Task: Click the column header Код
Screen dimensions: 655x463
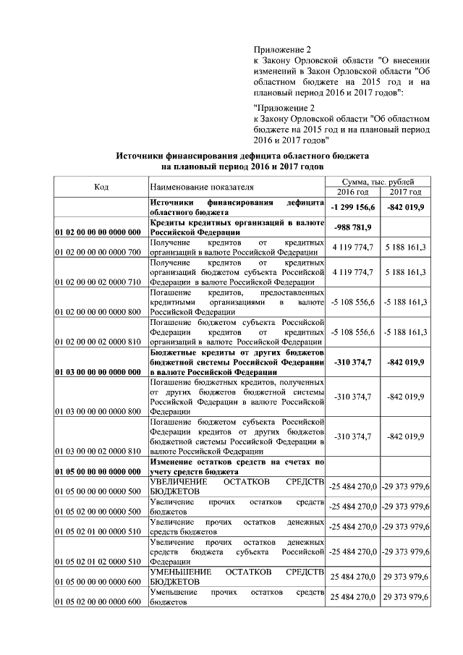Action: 101,187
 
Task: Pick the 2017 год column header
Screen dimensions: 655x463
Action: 405,192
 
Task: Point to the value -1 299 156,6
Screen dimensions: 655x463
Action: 352,207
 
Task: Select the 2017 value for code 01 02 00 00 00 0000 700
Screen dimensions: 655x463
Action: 405,248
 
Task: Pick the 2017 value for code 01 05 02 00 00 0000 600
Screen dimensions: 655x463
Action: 405,596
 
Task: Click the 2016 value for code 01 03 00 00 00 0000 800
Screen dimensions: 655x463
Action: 352,397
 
